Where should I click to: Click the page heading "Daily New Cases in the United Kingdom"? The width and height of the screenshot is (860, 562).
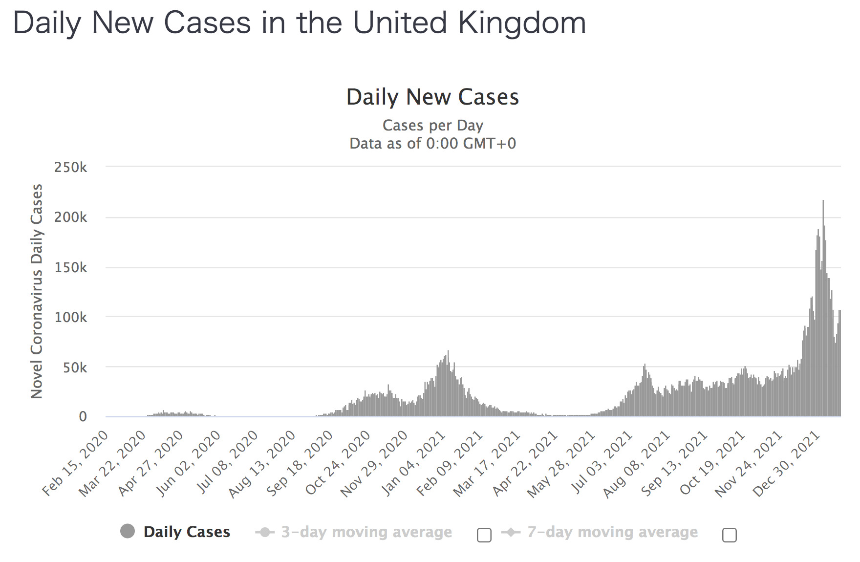pos(299,23)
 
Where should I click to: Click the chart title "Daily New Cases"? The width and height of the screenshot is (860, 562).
pos(432,97)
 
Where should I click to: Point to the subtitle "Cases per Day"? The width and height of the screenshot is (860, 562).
pos(432,126)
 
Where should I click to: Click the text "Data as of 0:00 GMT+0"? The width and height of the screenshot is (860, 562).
pos(432,144)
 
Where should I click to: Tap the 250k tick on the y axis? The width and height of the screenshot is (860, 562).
pos(71,168)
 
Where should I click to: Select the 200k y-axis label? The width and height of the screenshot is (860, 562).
pos(71,217)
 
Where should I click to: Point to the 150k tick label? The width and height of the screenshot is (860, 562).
pos(71,268)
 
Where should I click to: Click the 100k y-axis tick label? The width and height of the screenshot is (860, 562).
pos(71,318)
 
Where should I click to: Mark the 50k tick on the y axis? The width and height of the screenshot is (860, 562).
pos(75,367)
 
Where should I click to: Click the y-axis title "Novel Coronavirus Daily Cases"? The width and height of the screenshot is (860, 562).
pos(37,291)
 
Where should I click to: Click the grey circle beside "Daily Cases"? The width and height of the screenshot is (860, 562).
pos(128,531)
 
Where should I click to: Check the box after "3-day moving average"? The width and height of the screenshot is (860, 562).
pos(484,535)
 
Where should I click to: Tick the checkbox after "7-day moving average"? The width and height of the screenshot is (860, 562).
pos(729,535)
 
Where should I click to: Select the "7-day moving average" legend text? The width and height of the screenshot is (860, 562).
pos(612,532)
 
